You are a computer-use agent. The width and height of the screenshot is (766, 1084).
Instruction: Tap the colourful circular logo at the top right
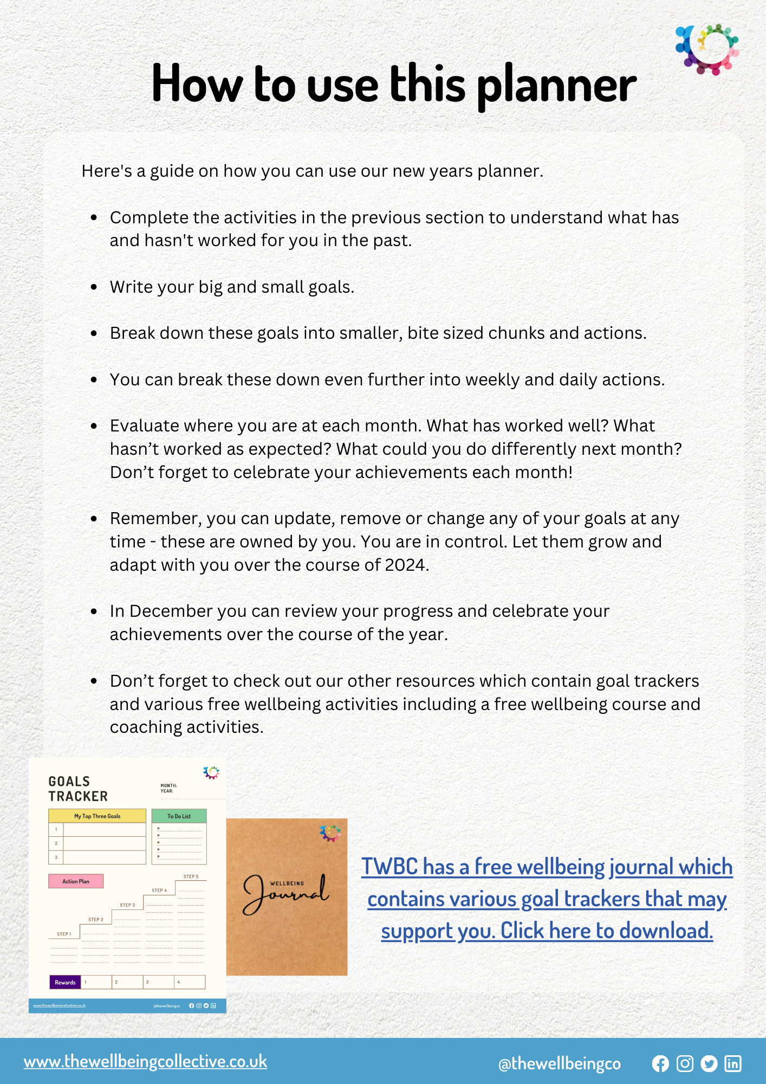(x=707, y=49)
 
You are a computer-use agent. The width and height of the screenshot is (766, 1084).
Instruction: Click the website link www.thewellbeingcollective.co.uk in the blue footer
(x=145, y=1061)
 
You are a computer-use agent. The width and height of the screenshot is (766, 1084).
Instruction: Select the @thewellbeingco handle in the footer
(x=559, y=1063)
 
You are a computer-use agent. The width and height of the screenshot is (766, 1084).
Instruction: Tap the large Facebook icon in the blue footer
(x=660, y=1063)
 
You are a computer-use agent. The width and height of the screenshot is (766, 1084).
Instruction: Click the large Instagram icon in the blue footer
(x=685, y=1063)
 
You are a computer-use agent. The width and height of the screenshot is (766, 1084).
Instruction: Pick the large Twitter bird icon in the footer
(x=709, y=1063)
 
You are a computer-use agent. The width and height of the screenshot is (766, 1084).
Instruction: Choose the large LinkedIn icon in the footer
(x=733, y=1063)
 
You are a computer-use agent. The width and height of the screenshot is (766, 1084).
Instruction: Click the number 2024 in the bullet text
(x=405, y=565)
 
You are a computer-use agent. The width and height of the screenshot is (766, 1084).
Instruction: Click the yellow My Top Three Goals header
(x=97, y=816)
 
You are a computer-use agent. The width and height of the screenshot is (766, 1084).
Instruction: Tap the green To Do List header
(x=179, y=816)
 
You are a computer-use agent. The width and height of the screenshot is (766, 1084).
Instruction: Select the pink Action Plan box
(x=76, y=881)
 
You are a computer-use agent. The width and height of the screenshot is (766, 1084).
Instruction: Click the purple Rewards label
(x=65, y=982)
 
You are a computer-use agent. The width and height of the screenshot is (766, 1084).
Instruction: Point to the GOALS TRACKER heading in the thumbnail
(x=77, y=789)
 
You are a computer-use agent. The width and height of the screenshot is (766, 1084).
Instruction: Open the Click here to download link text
(x=606, y=931)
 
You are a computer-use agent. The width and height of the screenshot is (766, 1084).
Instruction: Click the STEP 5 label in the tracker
(x=191, y=876)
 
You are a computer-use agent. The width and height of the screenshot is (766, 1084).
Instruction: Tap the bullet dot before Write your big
(x=94, y=287)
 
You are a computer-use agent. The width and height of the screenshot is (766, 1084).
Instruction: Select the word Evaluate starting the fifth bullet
(x=145, y=426)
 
